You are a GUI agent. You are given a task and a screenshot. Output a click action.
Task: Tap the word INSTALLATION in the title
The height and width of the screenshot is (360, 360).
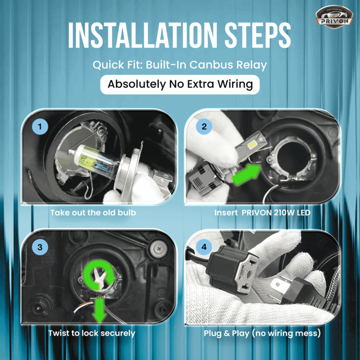pyautogui.click(x=142, y=35)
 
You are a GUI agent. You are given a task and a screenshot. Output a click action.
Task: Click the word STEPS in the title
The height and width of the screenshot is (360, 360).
pyautogui.click(x=258, y=35)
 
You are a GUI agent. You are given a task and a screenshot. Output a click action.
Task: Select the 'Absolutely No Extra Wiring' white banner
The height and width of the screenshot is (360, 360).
pyautogui.click(x=180, y=84)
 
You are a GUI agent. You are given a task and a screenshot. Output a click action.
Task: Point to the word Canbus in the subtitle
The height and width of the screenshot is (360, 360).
pyautogui.click(x=211, y=65)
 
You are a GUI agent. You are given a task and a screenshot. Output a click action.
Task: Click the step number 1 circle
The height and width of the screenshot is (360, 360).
pyautogui.click(x=40, y=127)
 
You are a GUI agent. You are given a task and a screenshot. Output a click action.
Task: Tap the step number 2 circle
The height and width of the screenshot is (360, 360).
pyautogui.click(x=204, y=127)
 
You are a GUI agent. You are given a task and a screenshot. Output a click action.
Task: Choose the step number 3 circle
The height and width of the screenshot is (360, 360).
pyautogui.click(x=40, y=247)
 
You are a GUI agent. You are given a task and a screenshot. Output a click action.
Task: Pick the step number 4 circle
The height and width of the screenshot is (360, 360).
pyautogui.click(x=204, y=247)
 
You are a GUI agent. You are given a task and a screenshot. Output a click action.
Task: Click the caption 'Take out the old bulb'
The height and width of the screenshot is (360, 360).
pyautogui.click(x=93, y=213)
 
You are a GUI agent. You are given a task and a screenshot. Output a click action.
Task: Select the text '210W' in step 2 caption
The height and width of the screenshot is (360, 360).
pyautogui.click(x=281, y=213)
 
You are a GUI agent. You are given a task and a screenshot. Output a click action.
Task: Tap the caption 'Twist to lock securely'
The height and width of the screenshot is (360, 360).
pyautogui.click(x=92, y=333)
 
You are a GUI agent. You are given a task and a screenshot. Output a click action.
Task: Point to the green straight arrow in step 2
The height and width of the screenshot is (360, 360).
pyautogui.click(x=247, y=174)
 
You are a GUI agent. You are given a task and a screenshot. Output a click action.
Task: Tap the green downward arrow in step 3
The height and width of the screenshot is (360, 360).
pyautogui.click(x=99, y=310)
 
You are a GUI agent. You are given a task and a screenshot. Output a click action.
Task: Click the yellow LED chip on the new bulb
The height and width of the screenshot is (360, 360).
pyautogui.click(x=253, y=144)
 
